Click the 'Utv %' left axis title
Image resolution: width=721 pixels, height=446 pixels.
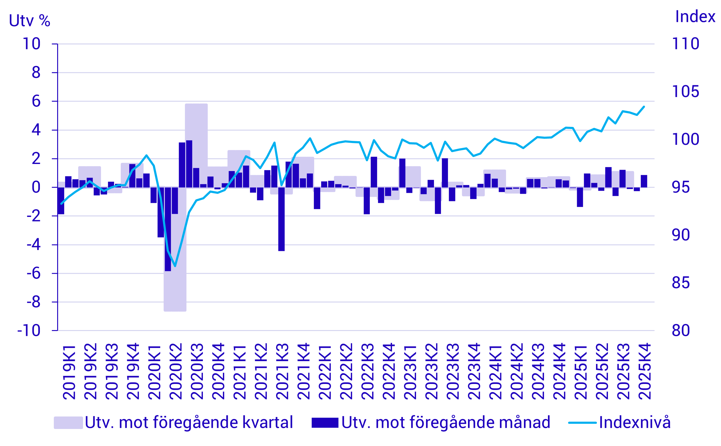(x=29, y=21)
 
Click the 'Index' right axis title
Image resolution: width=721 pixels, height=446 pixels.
(x=695, y=16)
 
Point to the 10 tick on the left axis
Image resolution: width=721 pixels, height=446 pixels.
(x=31, y=44)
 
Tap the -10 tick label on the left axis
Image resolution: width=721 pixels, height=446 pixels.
(x=29, y=330)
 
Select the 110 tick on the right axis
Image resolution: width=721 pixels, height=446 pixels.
(x=685, y=44)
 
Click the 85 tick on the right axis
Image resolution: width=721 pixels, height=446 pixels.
(x=681, y=283)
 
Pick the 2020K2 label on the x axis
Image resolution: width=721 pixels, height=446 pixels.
(x=175, y=371)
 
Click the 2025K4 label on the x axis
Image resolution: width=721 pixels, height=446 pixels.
(x=644, y=371)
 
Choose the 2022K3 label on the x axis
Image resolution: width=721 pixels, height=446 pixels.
(x=367, y=371)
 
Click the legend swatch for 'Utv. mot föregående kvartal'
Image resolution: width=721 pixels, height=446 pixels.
(x=68, y=423)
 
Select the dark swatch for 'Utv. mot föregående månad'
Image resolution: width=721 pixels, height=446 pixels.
(x=325, y=423)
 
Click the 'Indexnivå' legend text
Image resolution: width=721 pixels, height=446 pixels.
(x=635, y=422)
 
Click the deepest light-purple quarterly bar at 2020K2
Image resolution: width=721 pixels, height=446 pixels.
(x=175, y=289)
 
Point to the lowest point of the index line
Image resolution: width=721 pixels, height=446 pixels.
(x=175, y=266)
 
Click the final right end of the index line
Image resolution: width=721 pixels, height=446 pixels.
(x=644, y=106)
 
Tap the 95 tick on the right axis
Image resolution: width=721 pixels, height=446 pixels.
(x=681, y=187)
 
